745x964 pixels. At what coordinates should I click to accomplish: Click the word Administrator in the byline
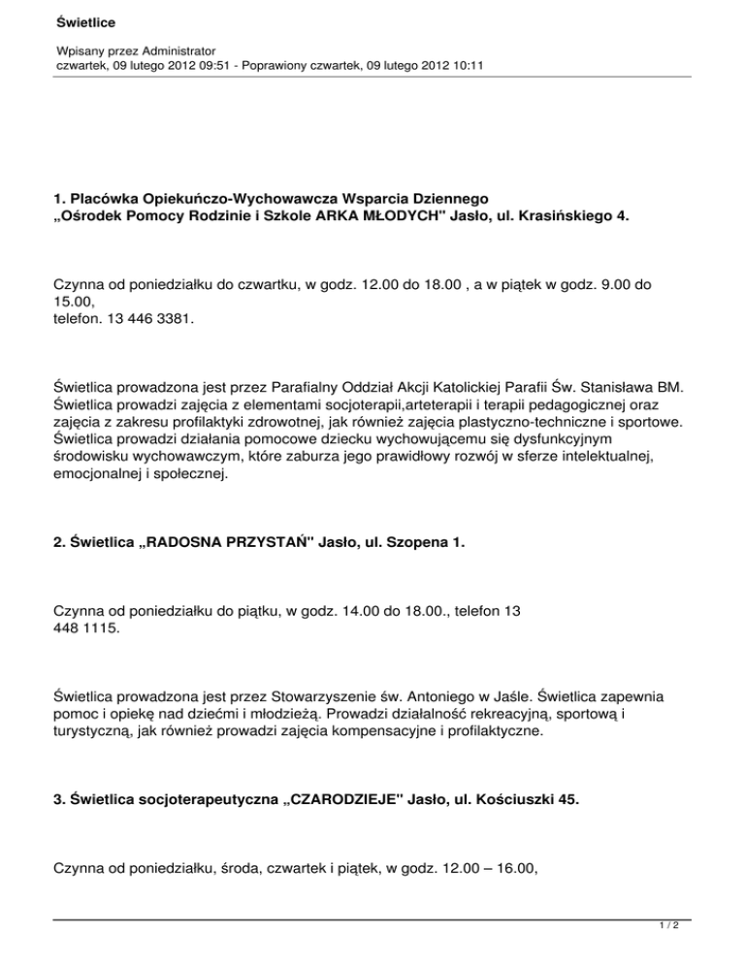pos(173,48)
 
